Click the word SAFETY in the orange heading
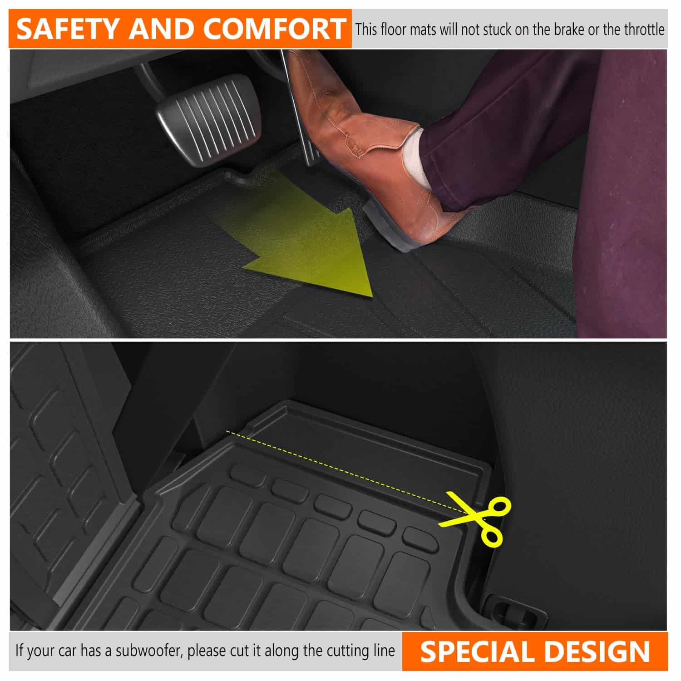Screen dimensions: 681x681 point(69,29)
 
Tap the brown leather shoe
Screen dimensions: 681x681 point(363,150)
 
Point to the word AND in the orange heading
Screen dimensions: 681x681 point(161,29)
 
